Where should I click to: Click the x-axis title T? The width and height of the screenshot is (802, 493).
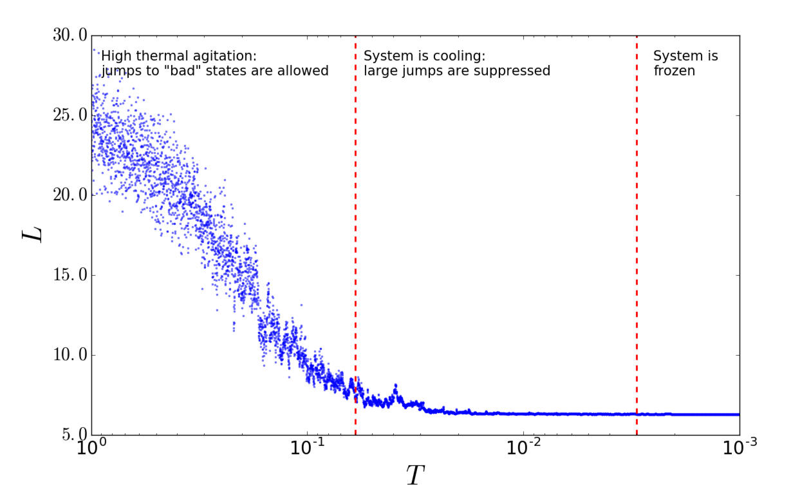(x=415, y=475)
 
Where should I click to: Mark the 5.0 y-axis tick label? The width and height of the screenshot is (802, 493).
(x=72, y=435)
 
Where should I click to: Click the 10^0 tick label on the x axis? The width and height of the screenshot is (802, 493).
(x=91, y=447)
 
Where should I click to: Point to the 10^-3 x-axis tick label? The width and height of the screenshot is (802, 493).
(x=738, y=447)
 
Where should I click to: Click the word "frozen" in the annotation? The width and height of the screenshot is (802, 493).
(x=674, y=71)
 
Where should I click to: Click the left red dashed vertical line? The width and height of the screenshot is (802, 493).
(x=355, y=258)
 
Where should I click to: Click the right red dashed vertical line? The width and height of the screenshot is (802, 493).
(x=637, y=258)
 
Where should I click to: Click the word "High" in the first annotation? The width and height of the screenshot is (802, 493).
(x=115, y=56)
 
